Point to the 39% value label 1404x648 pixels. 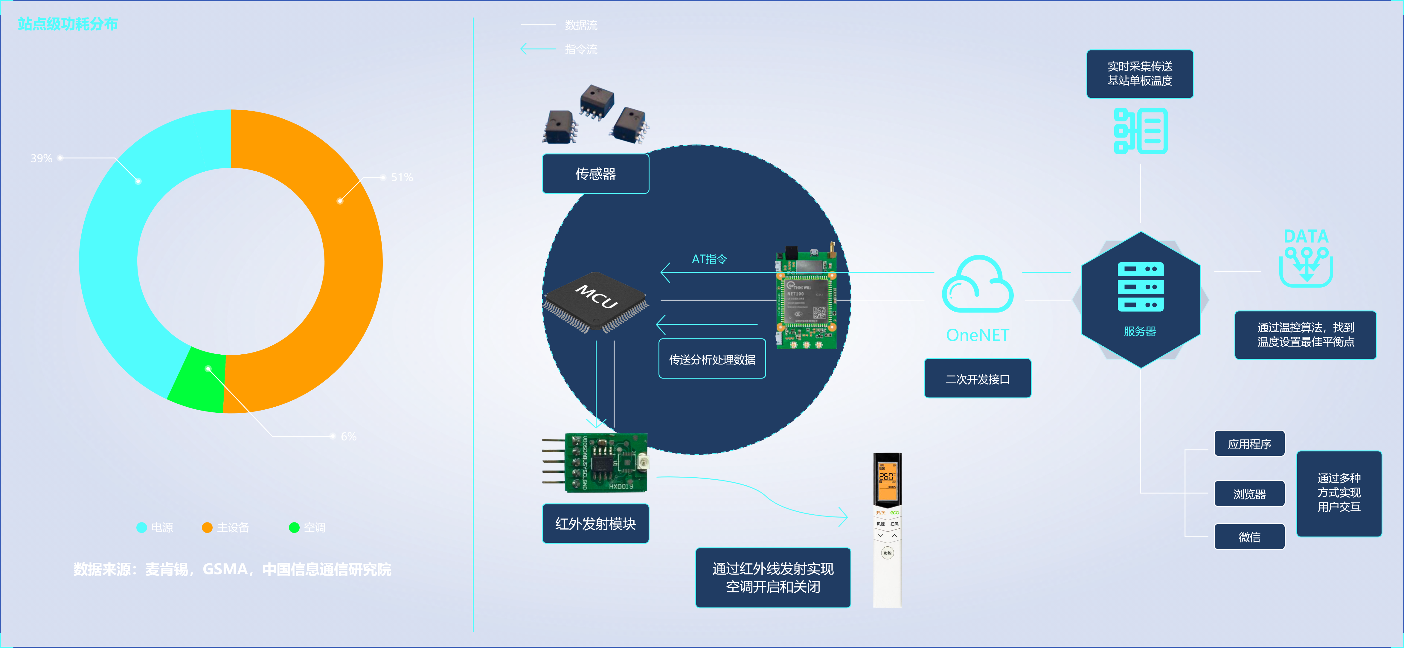click(42, 158)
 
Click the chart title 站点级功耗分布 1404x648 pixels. click(68, 24)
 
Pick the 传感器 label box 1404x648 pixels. click(595, 174)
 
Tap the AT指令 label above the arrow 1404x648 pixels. click(709, 260)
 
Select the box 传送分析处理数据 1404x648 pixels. click(712, 359)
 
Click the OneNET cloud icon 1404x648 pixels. click(977, 284)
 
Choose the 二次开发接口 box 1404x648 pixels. click(977, 379)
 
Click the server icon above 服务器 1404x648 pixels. click(1140, 287)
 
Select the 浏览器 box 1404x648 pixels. click(1249, 494)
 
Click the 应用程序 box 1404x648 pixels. click(1249, 444)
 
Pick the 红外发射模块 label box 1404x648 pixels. click(595, 524)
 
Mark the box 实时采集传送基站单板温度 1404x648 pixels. click(1140, 74)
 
